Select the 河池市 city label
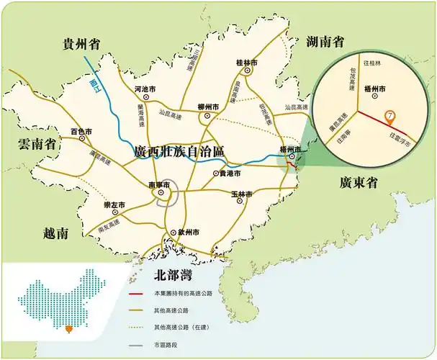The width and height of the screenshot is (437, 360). (148, 89)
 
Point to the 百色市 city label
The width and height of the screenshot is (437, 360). (81, 131)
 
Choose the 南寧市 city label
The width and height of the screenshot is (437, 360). (160, 185)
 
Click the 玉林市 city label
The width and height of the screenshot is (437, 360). (241, 194)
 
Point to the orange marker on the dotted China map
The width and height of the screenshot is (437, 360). (69, 330)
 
